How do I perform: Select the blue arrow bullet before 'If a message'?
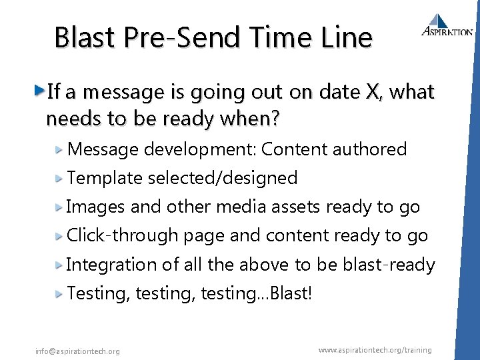[x=40, y=90]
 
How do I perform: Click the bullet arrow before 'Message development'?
[x=59, y=149]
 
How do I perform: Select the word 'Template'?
[x=105, y=178]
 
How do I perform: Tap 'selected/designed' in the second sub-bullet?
[x=223, y=178]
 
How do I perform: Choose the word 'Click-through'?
[x=123, y=235]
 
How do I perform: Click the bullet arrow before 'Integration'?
[x=59, y=264]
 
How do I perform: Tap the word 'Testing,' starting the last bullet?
[x=99, y=293]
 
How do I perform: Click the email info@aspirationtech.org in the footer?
[x=78, y=351]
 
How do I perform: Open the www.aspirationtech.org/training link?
[x=375, y=350]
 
